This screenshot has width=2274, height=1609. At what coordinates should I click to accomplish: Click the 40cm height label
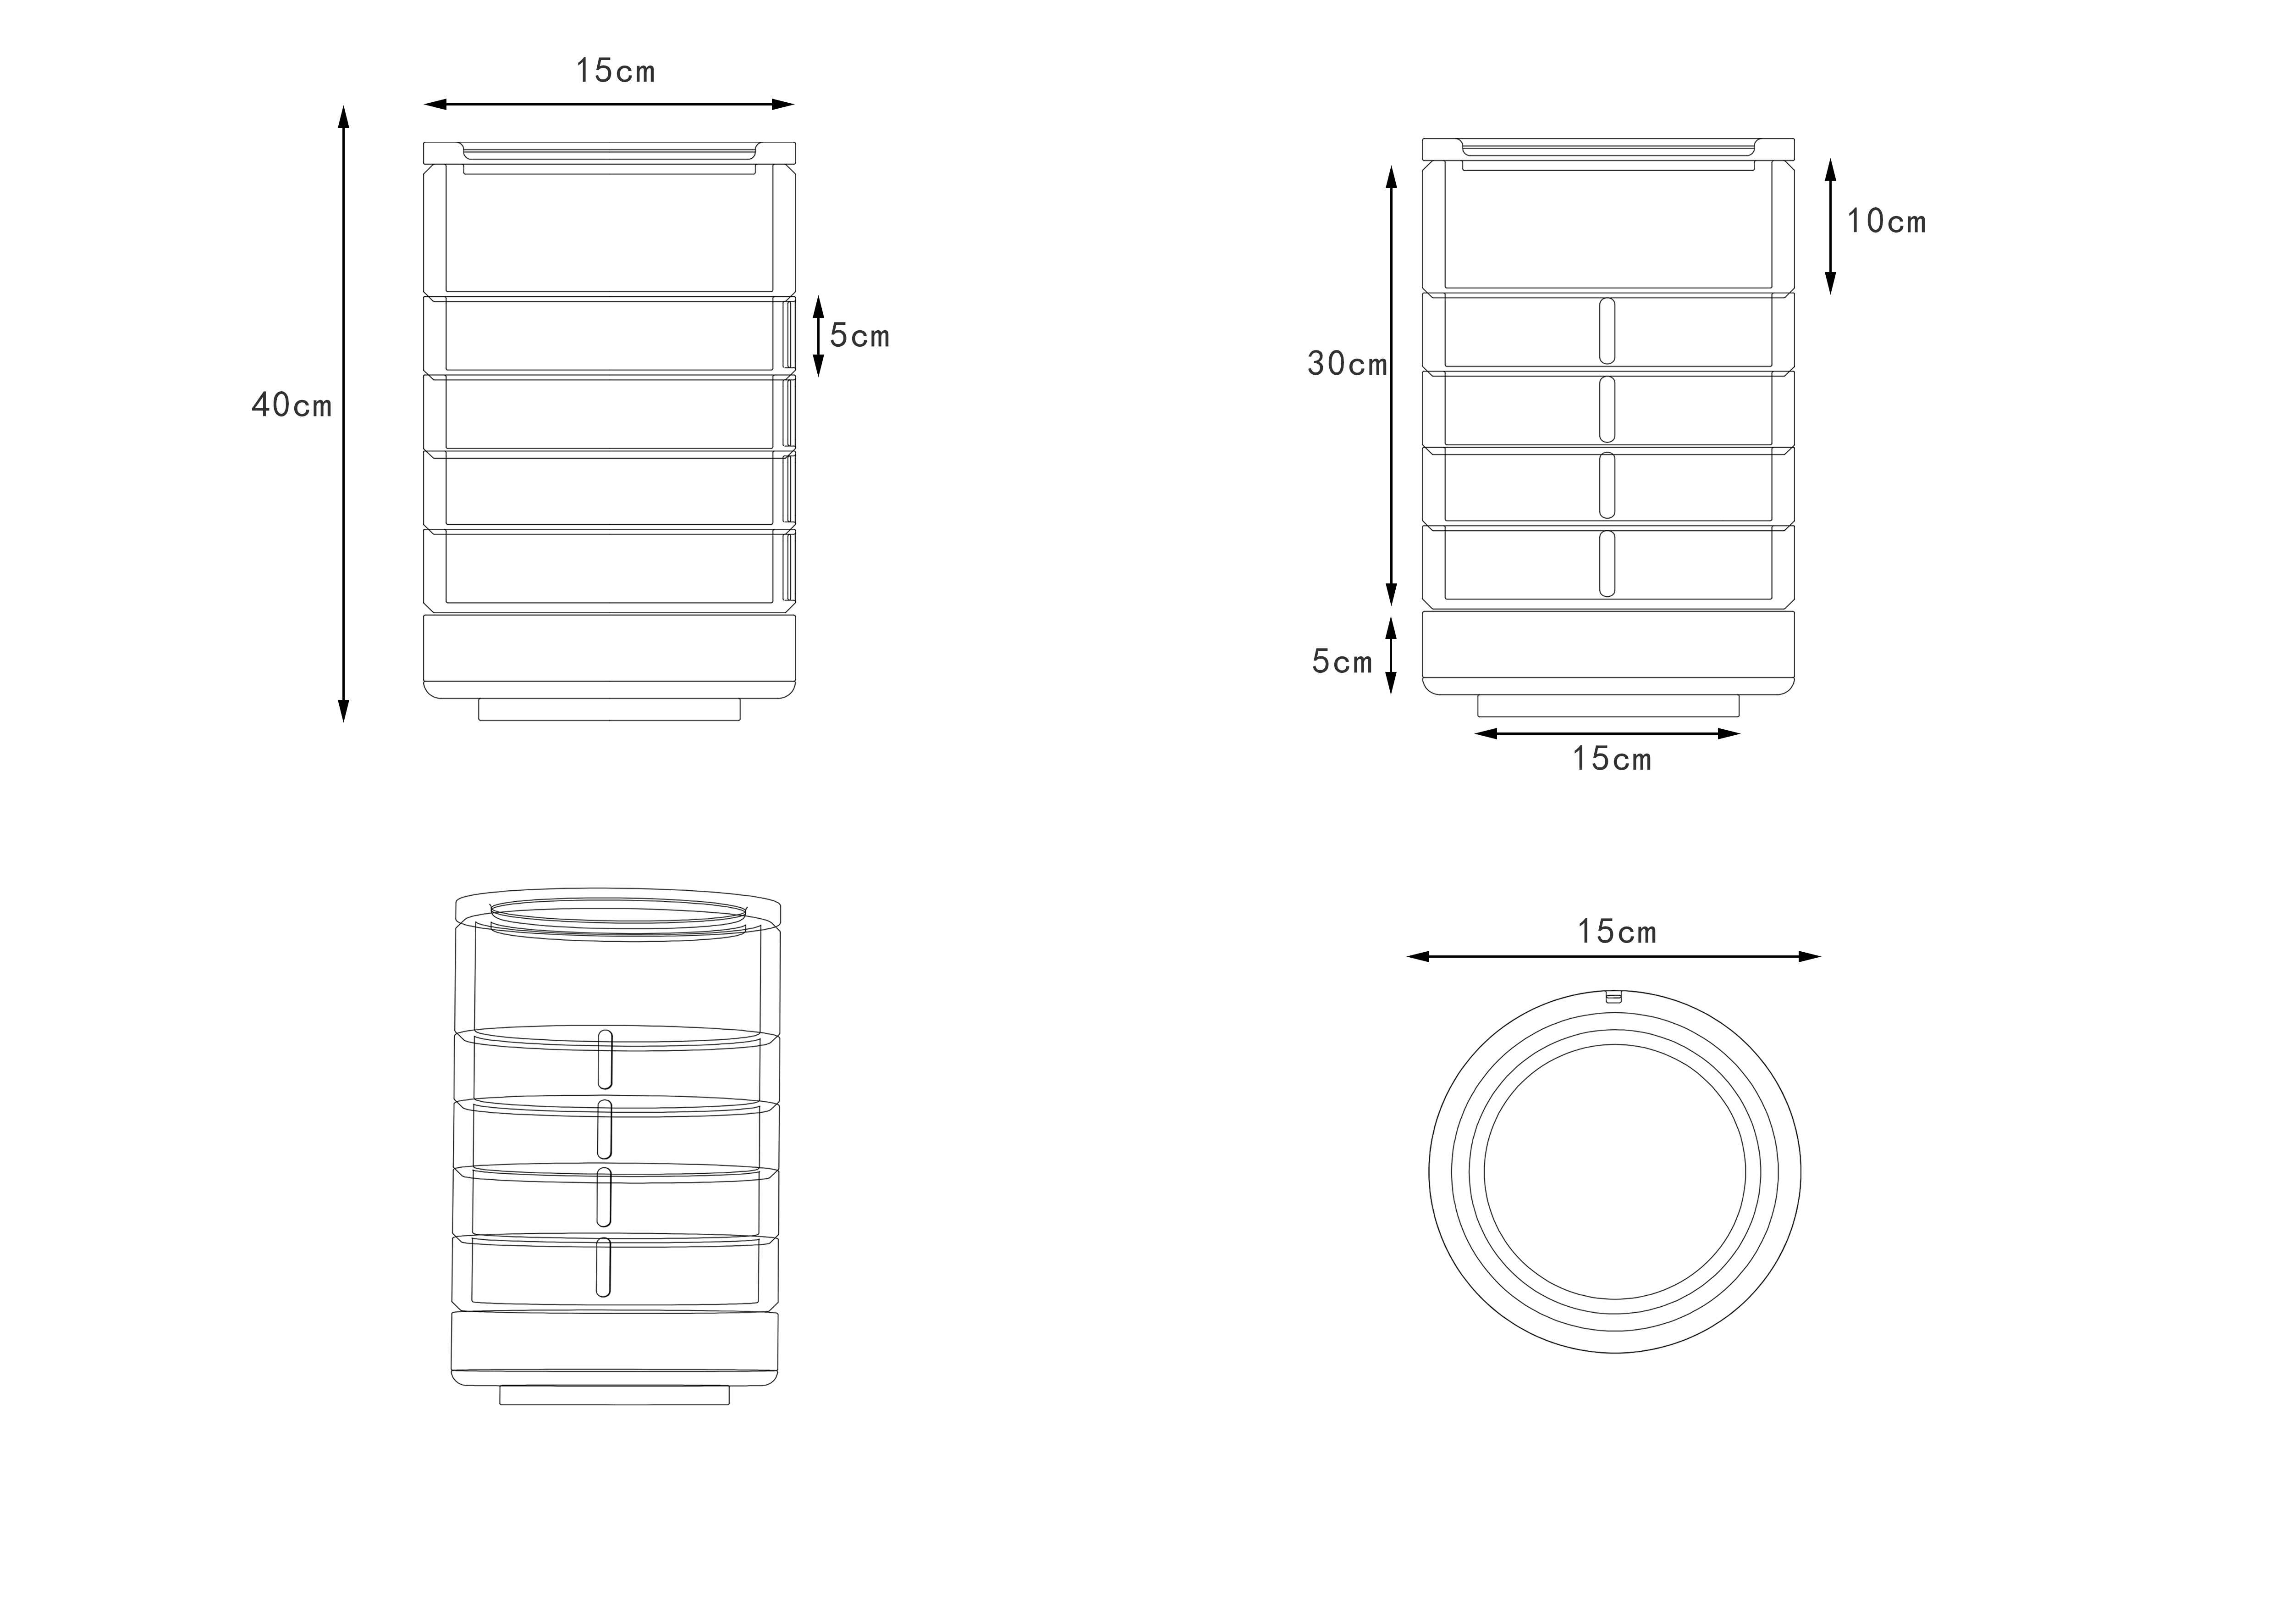[x=291, y=405]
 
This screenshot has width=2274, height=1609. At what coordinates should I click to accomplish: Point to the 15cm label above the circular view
[x=1616, y=931]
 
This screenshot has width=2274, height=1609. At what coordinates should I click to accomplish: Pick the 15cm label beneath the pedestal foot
[x=1611, y=759]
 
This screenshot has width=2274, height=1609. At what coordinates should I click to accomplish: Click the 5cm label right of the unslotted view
[x=860, y=337]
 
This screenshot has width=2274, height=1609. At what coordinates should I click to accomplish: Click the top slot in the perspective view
[x=604, y=1059]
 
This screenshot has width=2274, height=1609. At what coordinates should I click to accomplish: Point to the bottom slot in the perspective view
[x=602, y=1267]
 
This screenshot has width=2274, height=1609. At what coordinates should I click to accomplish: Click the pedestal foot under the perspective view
[x=614, y=1395]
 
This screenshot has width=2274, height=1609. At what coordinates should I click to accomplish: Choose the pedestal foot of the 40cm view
[x=609, y=710]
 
